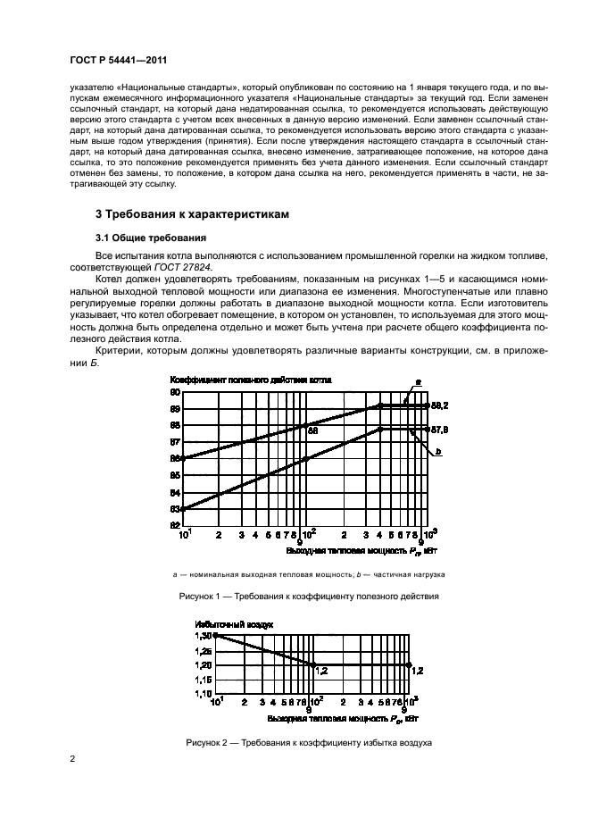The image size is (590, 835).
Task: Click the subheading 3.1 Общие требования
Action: [151, 238]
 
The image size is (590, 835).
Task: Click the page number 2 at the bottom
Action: [71, 758]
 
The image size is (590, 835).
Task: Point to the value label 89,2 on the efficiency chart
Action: [439, 405]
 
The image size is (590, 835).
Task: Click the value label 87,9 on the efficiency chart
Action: [439, 430]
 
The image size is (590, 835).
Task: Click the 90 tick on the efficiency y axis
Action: [175, 391]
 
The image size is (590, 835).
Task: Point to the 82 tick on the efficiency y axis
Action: [175, 525]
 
